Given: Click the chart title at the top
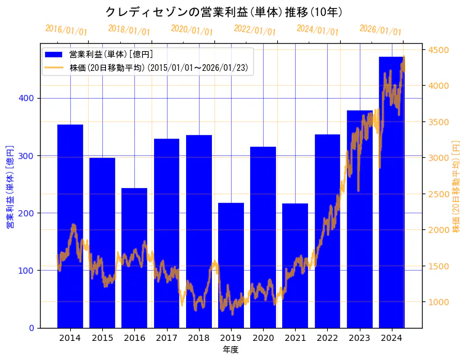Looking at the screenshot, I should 224,12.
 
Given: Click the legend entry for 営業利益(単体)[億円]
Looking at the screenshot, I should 111,55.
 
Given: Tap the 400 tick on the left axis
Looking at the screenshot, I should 30,98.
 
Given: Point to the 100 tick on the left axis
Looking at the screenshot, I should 30,270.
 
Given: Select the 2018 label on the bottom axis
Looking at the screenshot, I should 199,337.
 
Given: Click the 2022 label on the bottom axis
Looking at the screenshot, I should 327,337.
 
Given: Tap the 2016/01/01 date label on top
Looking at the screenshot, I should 67,30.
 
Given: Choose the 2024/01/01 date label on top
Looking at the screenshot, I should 318,30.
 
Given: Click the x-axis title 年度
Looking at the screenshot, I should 230,350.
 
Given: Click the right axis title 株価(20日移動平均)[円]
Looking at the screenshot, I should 457,186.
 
